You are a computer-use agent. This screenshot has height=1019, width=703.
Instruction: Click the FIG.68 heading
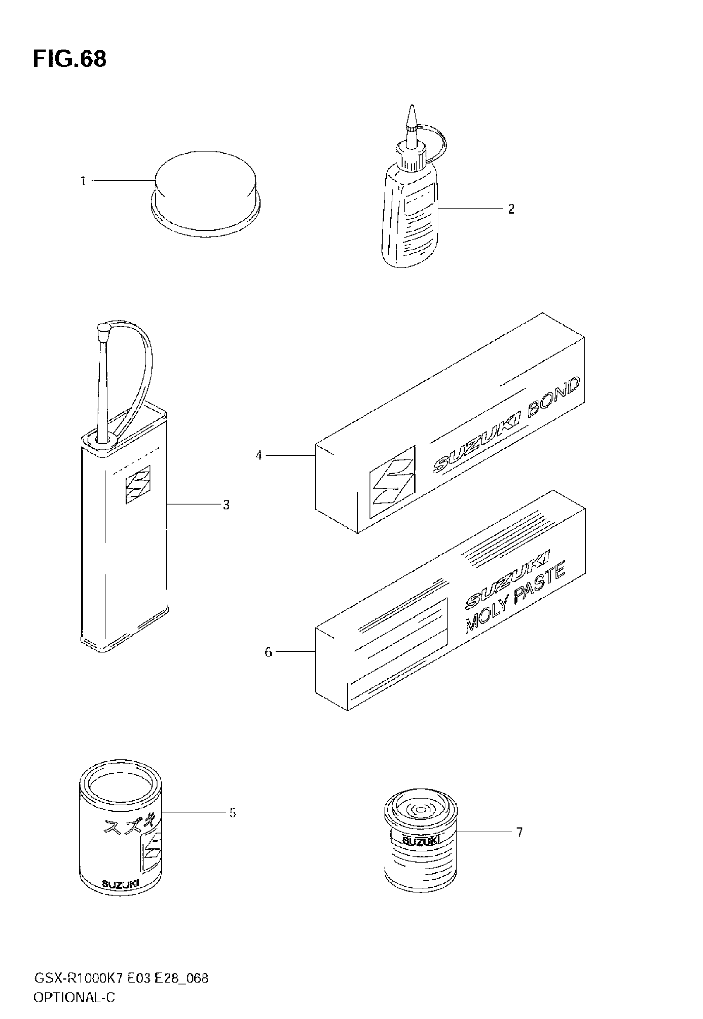pos(69,59)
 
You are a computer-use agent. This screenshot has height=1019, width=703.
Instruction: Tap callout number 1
pos(83,181)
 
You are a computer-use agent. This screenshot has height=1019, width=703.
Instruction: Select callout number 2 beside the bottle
pos(511,209)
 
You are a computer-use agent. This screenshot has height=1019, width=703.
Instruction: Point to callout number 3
pos(226,505)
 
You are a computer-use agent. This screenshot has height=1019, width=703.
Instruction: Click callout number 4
pos(259,455)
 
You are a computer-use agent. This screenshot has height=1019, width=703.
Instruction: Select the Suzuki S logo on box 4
pos(392,481)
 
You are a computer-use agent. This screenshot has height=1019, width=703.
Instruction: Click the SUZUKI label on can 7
pos(421,841)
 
